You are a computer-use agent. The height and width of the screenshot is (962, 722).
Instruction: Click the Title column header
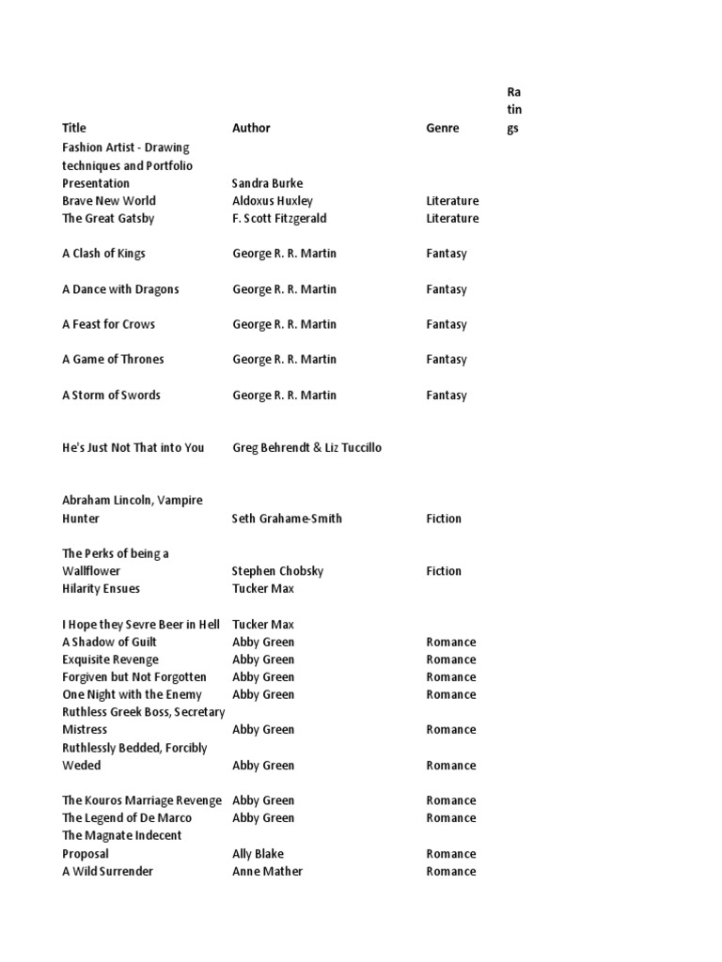coord(74,128)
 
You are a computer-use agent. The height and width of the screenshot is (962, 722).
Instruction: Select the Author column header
coord(251,128)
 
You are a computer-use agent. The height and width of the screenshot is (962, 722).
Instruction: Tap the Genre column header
coord(443,128)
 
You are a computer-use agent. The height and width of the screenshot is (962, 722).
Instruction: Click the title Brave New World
coord(109,201)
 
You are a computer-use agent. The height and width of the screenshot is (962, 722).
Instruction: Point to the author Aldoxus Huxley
coord(273,201)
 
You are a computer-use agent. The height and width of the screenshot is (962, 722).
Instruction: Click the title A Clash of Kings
coord(103,254)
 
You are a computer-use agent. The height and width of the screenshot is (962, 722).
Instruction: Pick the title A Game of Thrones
coord(113,359)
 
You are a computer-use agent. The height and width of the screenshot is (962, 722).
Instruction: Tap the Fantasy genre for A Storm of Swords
coord(447,396)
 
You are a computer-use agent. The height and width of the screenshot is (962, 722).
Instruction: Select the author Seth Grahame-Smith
coord(287,519)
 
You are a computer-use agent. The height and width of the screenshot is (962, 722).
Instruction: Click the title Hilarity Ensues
coord(101,589)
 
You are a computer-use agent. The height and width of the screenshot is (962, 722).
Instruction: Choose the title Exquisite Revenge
coord(110,659)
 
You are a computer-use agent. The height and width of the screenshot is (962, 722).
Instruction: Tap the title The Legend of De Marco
coord(126,818)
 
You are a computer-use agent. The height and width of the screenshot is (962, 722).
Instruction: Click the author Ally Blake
coord(258,854)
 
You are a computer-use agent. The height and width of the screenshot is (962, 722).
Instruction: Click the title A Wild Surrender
coord(107,872)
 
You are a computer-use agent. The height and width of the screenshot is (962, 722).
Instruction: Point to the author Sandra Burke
coord(268,183)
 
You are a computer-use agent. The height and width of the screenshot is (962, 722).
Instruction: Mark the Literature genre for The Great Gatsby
coord(452,219)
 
